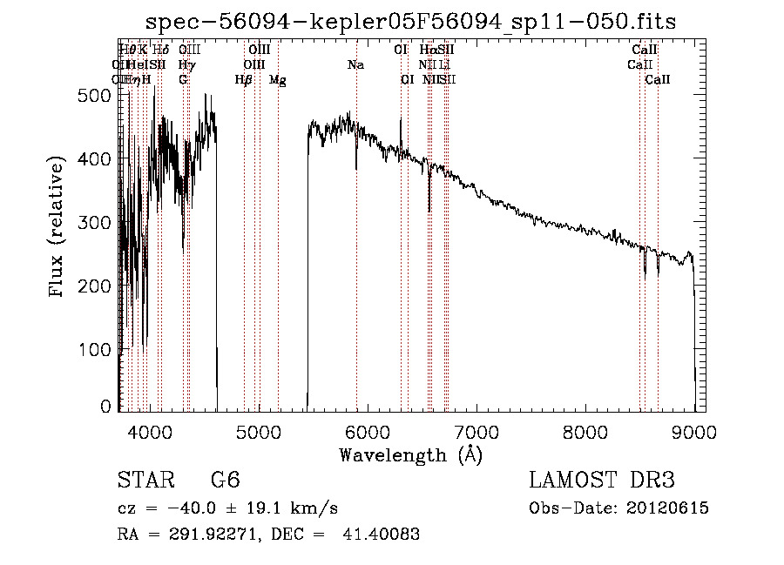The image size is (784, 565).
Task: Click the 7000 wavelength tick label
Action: (476, 430)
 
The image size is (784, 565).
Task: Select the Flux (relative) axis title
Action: (58, 228)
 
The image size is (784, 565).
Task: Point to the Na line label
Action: (355, 64)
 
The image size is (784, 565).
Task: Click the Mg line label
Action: (277, 80)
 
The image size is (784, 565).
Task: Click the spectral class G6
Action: (225, 481)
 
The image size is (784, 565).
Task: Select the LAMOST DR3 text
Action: (602, 481)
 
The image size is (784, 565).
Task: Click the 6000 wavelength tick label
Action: (367, 430)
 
